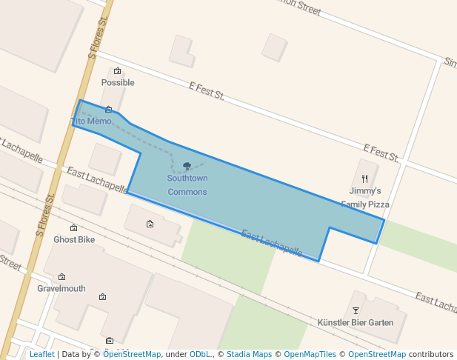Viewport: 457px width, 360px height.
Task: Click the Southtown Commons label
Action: click(x=187, y=185)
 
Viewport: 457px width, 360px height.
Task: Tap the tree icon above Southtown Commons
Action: click(x=187, y=167)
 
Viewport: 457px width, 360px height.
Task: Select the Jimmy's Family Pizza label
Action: click(x=365, y=197)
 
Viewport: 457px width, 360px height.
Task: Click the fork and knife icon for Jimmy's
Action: click(x=364, y=179)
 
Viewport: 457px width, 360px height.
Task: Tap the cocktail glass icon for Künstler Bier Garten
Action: click(x=356, y=310)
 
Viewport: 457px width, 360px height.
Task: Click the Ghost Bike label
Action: click(x=74, y=240)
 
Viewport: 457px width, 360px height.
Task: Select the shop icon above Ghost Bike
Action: click(x=73, y=228)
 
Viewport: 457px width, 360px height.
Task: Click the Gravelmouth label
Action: click(x=61, y=289)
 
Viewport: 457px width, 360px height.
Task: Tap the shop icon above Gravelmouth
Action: click(x=61, y=277)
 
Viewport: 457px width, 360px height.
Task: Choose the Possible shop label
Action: click(x=118, y=83)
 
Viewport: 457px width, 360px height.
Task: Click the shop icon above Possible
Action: click(x=117, y=71)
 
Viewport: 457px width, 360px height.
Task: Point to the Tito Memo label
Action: click(x=91, y=121)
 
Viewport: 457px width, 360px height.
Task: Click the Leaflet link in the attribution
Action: click(x=41, y=354)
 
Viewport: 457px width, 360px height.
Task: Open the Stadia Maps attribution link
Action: click(x=249, y=354)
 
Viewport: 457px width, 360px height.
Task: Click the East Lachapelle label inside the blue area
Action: click(x=272, y=244)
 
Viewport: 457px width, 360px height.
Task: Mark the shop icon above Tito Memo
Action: click(x=108, y=109)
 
